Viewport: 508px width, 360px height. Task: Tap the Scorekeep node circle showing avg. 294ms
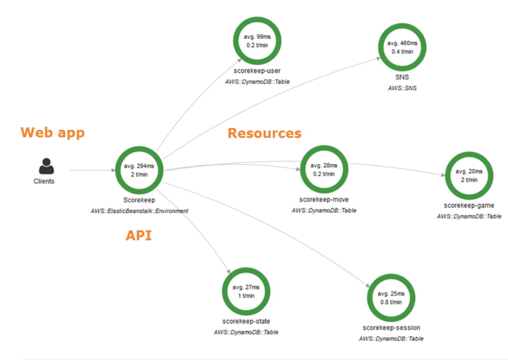tap(139, 170)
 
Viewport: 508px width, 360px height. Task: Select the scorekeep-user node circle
tap(257, 41)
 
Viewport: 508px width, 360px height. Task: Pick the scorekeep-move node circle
tap(324, 169)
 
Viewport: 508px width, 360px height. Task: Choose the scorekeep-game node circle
tap(469, 175)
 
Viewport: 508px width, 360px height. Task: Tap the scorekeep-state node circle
tap(246, 291)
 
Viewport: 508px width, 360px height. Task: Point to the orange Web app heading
tap(52, 133)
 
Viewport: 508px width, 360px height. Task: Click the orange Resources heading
tap(265, 133)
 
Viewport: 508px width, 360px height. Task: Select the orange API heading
tap(139, 235)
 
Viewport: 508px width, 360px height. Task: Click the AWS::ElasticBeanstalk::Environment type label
tap(139, 211)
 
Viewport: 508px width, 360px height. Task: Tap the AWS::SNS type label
tap(402, 88)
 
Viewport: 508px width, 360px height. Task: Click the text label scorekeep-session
tap(391, 328)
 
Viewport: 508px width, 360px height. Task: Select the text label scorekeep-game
tap(469, 205)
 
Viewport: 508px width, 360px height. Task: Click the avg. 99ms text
tap(257, 37)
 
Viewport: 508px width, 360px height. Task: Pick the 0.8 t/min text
tap(391, 302)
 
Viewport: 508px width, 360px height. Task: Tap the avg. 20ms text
tap(469, 171)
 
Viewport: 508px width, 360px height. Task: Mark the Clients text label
tap(44, 181)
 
